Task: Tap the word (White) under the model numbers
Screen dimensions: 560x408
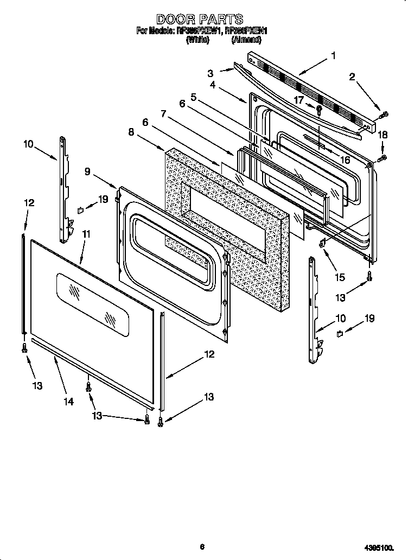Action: coord(197,40)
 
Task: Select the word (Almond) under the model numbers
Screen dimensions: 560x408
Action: coord(246,40)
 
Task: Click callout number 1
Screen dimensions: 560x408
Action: coord(333,55)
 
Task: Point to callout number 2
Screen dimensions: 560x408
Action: coord(352,77)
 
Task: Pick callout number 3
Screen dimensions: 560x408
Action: coord(210,73)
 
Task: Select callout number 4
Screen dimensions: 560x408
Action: coord(213,85)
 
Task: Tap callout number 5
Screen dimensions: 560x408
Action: coord(193,97)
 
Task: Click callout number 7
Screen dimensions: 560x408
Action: coord(163,114)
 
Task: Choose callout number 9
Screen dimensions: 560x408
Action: coord(87,171)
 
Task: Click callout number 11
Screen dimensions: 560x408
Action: coord(86,234)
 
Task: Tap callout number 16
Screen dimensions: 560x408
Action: coord(345,159)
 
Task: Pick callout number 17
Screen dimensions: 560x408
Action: coord(299,99)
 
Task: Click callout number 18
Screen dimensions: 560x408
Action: coord(383,135)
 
